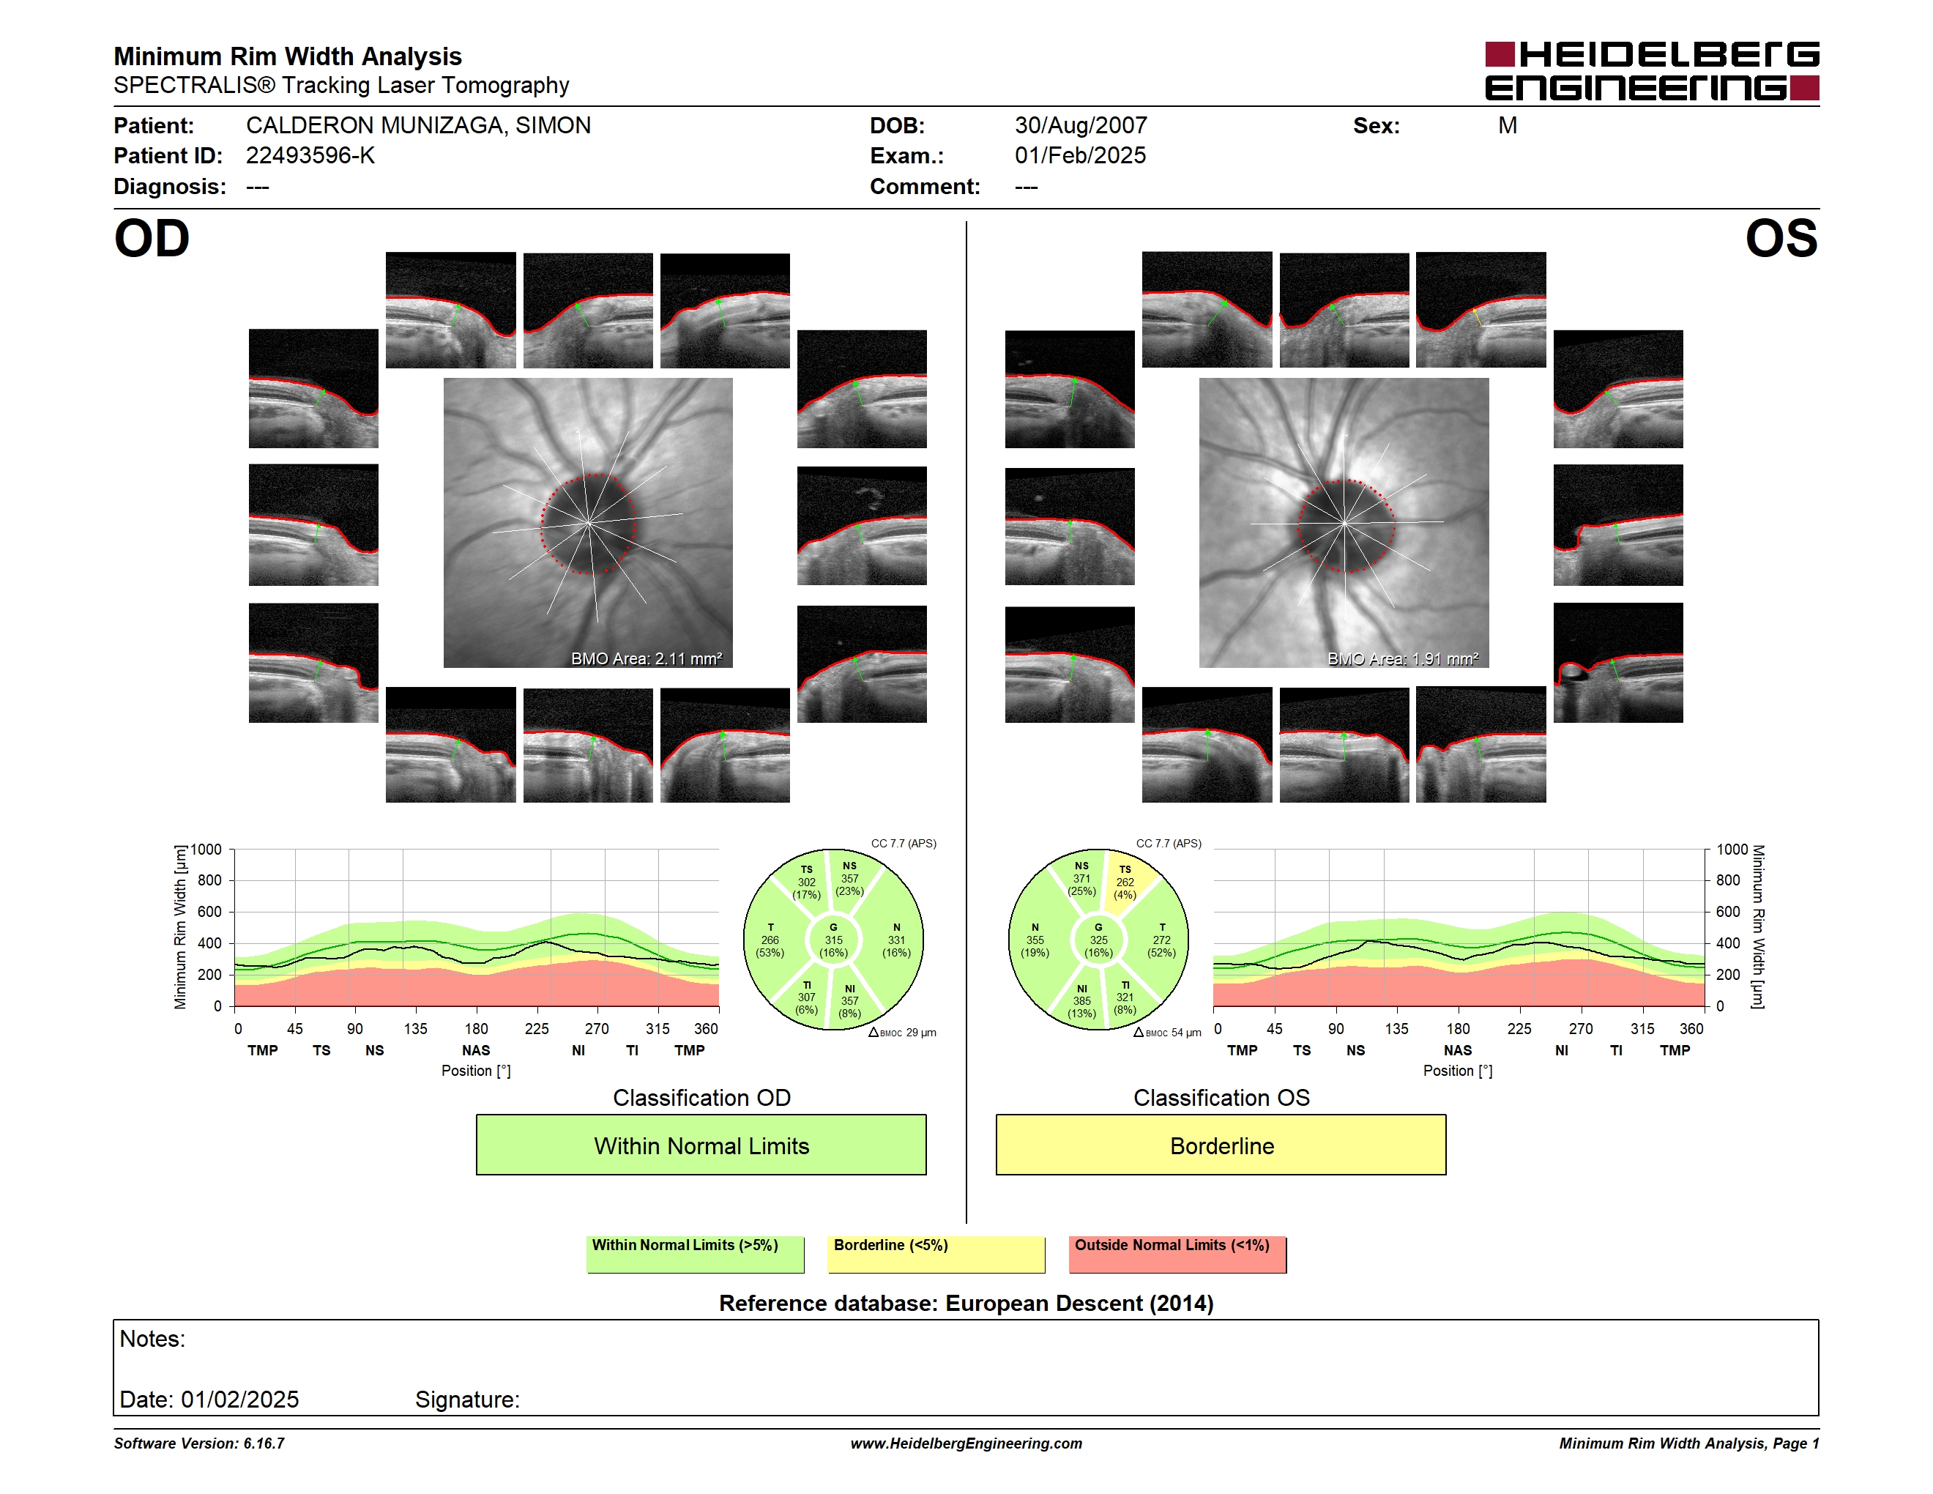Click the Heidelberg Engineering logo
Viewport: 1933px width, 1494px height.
coord(1652,71)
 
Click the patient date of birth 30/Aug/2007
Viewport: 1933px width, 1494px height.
coord(1081,126)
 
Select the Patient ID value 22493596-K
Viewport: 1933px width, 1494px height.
coord(310,156)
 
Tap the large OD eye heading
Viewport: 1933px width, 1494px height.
coord(152,239)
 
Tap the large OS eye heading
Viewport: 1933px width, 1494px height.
coord(1781,239)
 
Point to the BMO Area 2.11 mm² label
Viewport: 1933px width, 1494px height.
coord(646,658)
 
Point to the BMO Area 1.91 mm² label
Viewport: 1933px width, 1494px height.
coord(1403,658)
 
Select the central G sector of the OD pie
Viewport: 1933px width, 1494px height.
coord(833,940)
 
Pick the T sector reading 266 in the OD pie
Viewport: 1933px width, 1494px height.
coord(770,940)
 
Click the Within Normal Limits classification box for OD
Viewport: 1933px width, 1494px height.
coord(701,1145)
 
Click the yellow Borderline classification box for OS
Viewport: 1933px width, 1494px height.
coord(1221,1145)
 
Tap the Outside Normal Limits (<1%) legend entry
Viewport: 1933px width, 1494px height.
coord(1177,1254)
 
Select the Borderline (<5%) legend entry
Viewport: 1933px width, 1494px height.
coord(936,1254)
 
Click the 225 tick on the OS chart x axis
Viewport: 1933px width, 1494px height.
coord(1519,1028)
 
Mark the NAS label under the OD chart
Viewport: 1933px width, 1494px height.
coord(476,1051)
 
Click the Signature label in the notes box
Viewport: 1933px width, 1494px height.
coord(467,1400)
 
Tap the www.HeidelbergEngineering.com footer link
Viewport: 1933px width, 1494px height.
coord(966,1443)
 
